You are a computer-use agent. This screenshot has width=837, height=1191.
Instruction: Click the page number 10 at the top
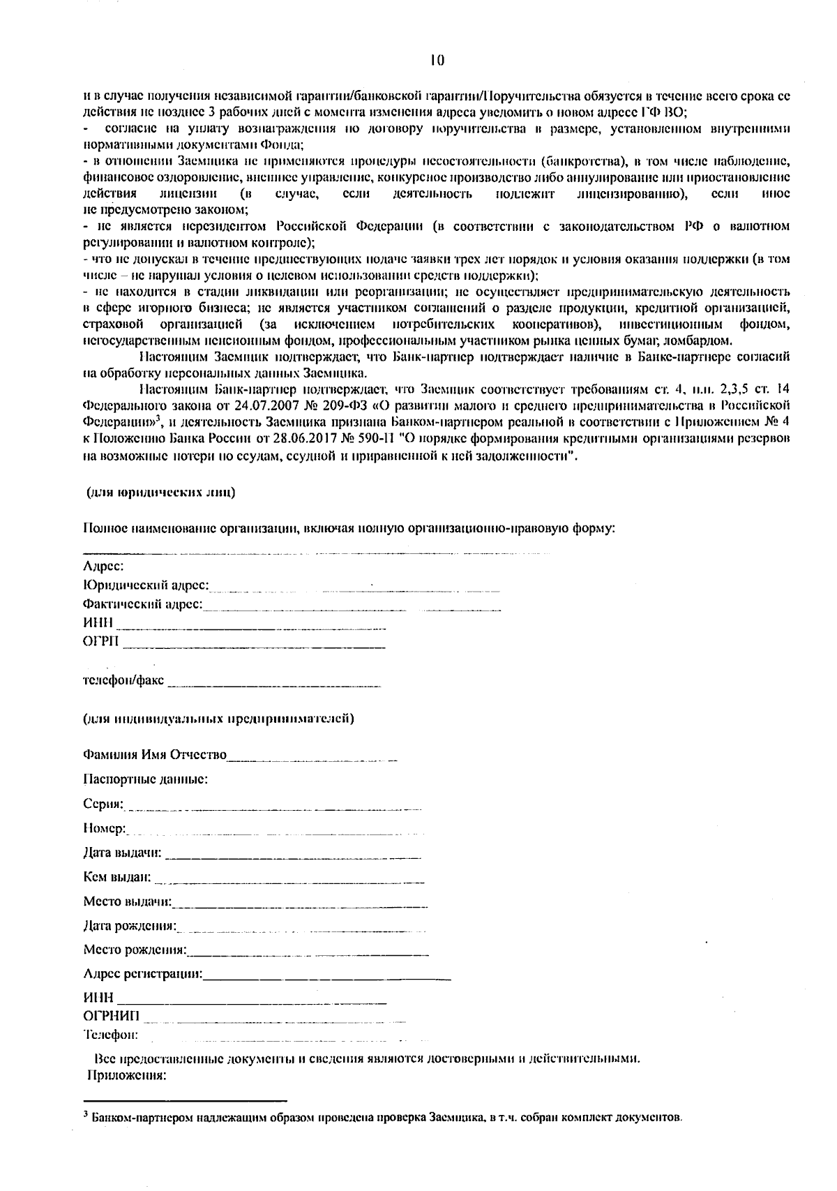point(437,61)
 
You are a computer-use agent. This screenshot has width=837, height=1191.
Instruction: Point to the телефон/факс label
point(123,680)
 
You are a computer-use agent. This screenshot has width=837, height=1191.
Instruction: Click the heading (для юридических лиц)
point(160,493)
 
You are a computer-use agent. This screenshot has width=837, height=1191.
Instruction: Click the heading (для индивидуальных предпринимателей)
point(218,718)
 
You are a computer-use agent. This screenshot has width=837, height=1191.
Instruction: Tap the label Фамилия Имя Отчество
point(155,755)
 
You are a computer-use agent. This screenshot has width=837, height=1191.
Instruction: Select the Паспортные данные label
point(145,779)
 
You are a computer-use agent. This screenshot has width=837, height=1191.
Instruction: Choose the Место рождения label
point(135,950)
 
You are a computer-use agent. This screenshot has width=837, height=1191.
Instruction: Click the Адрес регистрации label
point(143,973)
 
